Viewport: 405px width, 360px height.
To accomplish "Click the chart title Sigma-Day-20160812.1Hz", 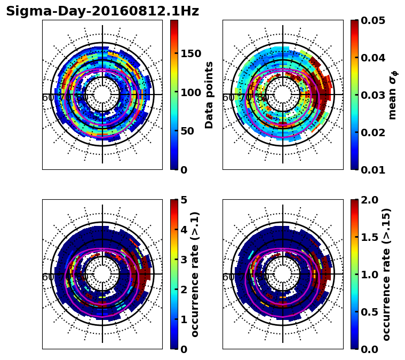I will tap(102, 11).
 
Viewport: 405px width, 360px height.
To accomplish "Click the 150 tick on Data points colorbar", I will tap(190, 53).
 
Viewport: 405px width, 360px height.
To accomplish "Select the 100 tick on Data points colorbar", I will tap(190, 92).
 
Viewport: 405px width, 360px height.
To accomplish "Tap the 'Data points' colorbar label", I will tap(209, 95).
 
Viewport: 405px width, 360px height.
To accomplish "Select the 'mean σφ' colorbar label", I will tap(393, 95).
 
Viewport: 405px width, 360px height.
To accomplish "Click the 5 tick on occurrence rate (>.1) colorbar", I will tap(184, 200).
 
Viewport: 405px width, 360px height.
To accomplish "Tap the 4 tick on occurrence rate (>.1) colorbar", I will tap(184, 230).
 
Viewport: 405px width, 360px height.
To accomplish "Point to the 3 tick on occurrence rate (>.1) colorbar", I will tap(184, 260).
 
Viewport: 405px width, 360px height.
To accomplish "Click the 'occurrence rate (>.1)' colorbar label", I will tap(195, 274).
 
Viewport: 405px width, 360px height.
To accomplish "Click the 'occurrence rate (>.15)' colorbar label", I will tap(387, 274).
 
